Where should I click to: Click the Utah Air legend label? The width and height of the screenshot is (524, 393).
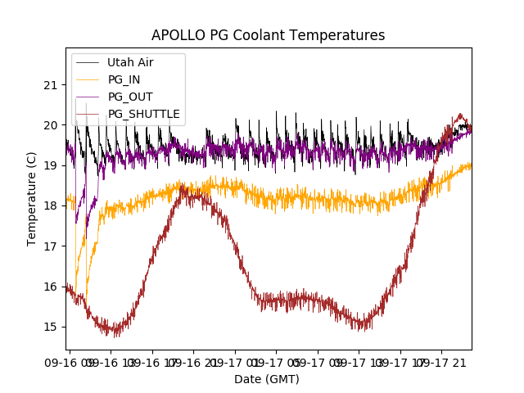coord(130,62)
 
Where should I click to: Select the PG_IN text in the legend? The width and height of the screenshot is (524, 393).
coord(124,79)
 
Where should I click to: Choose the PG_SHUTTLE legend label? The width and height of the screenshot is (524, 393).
coord(143,114)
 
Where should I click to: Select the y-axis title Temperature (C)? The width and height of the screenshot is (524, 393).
coord(32,199)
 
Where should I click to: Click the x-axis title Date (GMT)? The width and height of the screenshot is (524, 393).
coord(267,379)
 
